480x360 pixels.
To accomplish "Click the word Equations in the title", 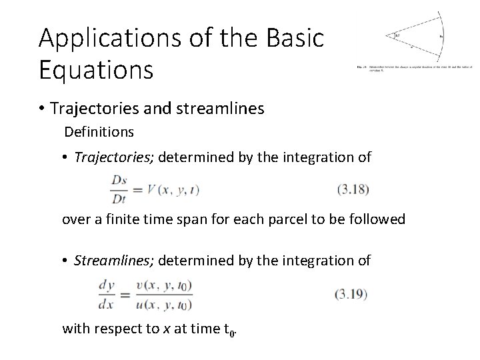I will pyautogui.click(x=96, y=69).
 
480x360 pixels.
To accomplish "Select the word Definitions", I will pyautogui.click(x=99, y=132).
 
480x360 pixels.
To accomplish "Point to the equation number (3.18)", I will pyautogui.click(x=353, y=189).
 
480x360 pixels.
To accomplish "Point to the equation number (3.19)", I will pyautogui.click(x=351, y=293).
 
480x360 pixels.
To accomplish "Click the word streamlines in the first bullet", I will pyautogui.click(x=225, y=107).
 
